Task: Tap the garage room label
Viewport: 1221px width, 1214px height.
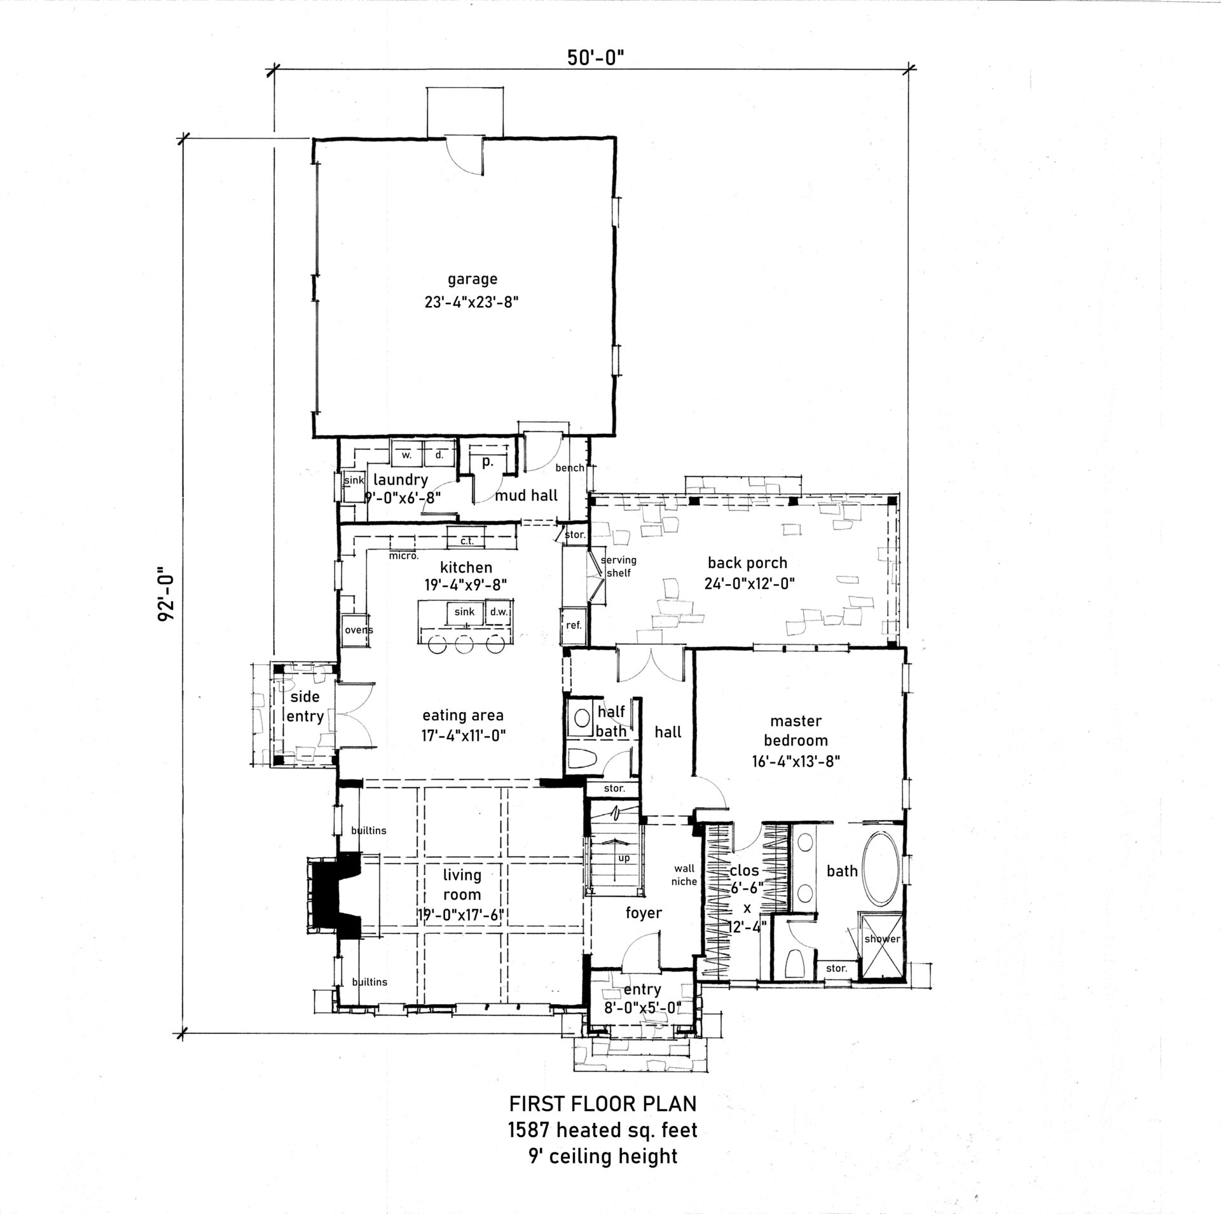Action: click(x=472, y=279)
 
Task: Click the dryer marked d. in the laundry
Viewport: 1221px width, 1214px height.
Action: click(x=439, y=455)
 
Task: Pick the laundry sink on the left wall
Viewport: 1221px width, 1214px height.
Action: click(x=353, y=481)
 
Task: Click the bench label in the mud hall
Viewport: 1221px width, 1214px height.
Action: click(x=569, y=468)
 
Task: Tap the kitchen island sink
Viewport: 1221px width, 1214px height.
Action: click(x=465, y=612)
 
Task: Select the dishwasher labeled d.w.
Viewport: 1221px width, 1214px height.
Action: click(x=498, y=612)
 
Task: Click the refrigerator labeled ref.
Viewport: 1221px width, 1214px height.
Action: click(x=574, y=625)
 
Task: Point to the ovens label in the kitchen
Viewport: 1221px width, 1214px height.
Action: click(x=358, y=630)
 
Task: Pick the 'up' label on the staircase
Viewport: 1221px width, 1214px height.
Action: click(x=624, y=858)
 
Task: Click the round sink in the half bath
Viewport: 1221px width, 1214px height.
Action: click(x=582, y=718)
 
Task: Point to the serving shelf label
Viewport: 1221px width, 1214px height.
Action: click(x=619, y=567)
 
